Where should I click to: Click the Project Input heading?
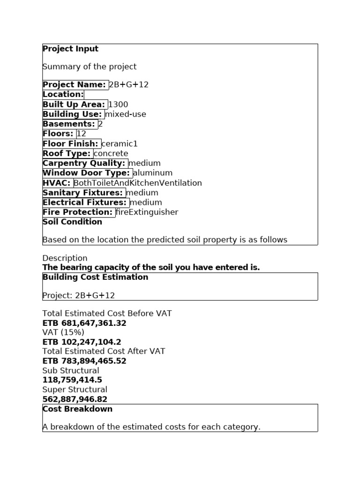(x=70, y=49)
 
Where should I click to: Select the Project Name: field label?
(x=75, y=84)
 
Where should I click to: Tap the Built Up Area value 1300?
(x=118, y=105)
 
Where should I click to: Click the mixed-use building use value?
(x=126, y=114)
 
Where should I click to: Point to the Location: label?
(x=63, y=94)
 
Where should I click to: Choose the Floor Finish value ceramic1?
(x=120, y=144)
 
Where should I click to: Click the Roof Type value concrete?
(x=111, y=154)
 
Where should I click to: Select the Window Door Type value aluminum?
(x=153, y=173)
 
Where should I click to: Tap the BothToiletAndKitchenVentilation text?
(x=138, y=183)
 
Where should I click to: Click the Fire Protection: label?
(x=78, y=212)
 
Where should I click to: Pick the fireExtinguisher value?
(x=147, y=212)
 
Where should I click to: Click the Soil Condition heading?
(x=72, y=222)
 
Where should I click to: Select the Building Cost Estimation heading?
(x=95, y=277)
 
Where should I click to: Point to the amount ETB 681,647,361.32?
(x=84, y=323)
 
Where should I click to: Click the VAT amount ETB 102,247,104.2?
(x=82, y=342)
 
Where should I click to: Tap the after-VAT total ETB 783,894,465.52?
(x=84, y=361)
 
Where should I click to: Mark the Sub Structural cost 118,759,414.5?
(x=72, y=380)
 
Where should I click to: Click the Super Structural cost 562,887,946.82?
(x=75, y=399)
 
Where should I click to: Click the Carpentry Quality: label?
(x=84, y=163)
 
